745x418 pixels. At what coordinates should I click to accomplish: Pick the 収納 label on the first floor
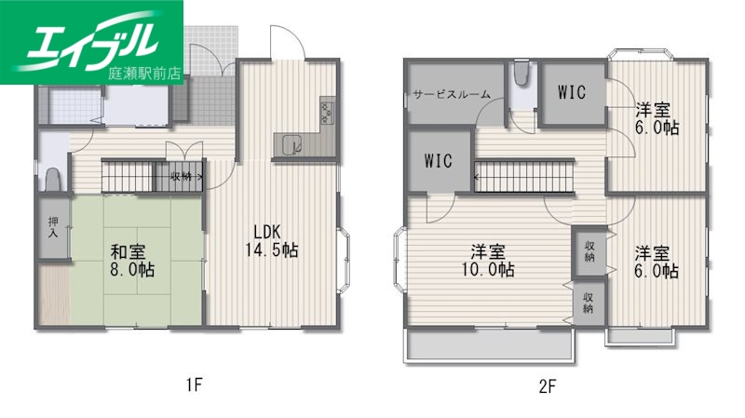pyautogui.click(x=183, y=175)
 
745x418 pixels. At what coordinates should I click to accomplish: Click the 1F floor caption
pyautogui.click(x=193, y=383)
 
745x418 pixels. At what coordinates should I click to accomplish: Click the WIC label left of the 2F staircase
pyautogui.click(x=438, y=159)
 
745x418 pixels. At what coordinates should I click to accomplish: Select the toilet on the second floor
pyautogui.click(x=521, y=74)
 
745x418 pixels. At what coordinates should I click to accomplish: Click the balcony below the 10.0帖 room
pyautogui.click(x=489, y=346)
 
